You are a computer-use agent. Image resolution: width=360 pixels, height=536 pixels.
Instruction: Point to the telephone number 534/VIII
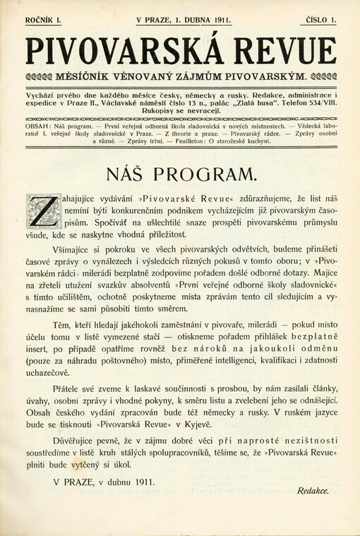[320, 100]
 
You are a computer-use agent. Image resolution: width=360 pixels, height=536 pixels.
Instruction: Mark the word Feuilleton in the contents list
[190, 140]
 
